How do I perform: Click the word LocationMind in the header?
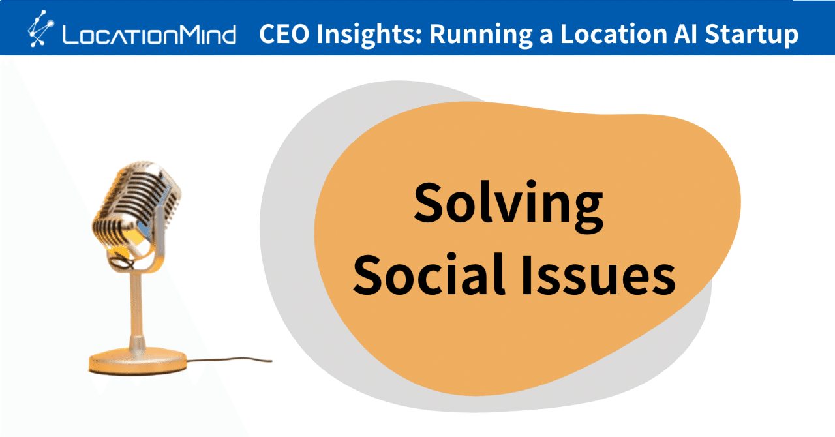(x=149, y=35)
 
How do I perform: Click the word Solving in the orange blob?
(x=508, y=203)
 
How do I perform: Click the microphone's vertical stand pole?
(x=136, y=307)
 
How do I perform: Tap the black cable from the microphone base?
(x=228, y=359)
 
